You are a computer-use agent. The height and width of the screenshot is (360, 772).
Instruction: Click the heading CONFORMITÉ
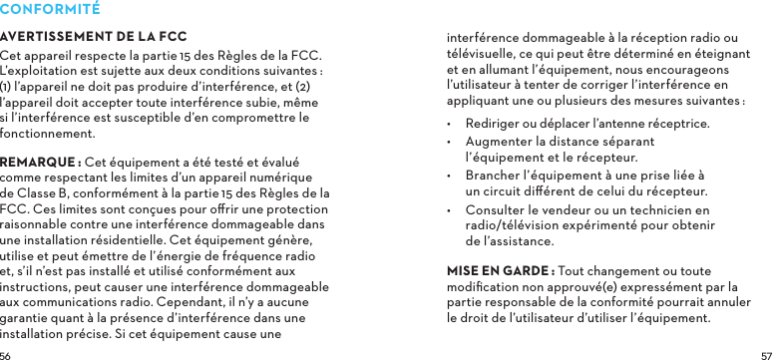point(50,9)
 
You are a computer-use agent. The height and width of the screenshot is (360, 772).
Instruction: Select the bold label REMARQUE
point(40,163)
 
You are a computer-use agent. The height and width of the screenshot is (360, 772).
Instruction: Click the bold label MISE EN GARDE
point(499,271)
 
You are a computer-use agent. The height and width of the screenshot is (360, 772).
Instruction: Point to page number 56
point(6,354)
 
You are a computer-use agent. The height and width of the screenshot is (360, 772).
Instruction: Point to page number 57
point(765,354)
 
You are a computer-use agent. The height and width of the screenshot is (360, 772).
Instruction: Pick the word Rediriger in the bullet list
point(494,124)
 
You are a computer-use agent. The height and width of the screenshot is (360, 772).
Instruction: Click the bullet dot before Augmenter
point(451,142)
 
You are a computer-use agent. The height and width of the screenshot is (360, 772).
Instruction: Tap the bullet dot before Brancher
point(451,176)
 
